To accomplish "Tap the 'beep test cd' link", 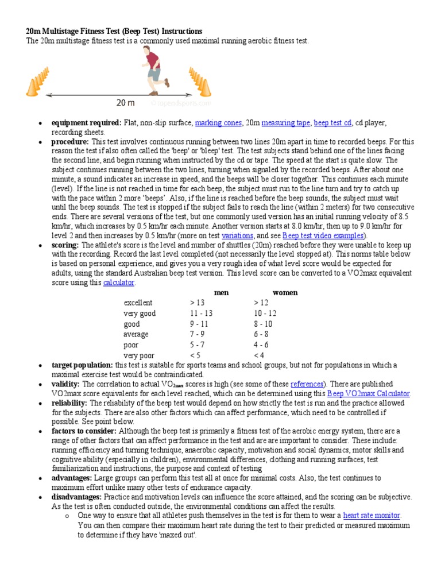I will point(332,123).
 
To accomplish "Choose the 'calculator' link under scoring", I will point(119,283).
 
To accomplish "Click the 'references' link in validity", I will point(307,384).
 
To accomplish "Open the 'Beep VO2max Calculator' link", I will point(369,393).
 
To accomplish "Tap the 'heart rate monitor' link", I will point(372,516).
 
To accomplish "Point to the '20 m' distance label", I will point(125,103).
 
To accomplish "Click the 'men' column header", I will point(221,292).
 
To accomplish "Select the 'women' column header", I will point(285,292).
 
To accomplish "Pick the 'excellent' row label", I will point(138,303).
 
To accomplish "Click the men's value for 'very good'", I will point(201,314).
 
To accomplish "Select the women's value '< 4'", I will point(259,355).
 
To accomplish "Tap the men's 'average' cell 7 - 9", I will point(198,334).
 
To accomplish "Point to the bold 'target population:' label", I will point(82,365).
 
